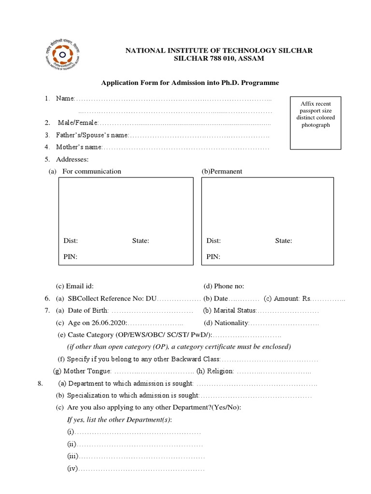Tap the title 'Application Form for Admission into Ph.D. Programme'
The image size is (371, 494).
coord(190,83)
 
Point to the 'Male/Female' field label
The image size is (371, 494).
coord(78,123)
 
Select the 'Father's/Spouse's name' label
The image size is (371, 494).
coord(92,135)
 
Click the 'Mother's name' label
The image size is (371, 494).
coord(79,147)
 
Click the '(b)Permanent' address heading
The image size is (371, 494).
coord(222,171)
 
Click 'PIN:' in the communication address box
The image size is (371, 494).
coord(71,257)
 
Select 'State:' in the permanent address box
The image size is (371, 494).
coord(284,241)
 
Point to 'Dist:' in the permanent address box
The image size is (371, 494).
coord(214,241)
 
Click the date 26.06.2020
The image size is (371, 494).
coord(110,323)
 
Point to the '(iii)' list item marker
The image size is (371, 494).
coord(72,456)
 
